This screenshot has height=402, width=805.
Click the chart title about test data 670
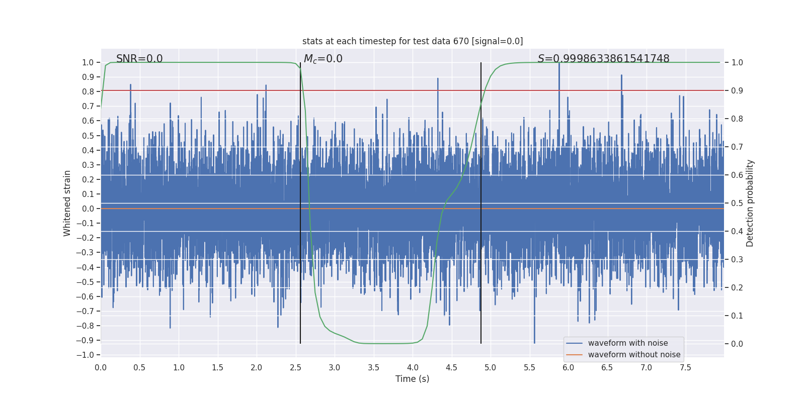(x=413, y=41)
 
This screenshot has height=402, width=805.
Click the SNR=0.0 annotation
(x=139, y=59)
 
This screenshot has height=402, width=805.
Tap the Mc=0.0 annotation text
(x=323, y=59)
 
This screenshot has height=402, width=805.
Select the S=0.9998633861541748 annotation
(x=603, y=59)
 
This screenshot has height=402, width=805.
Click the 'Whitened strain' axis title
(x=67, y=203)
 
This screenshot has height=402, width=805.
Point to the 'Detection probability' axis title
(x=750, y=203)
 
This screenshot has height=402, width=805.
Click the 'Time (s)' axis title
(x=412, y=379)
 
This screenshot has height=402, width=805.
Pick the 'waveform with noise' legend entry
(x=627, y=343)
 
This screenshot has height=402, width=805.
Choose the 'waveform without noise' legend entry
(x=634, y=355)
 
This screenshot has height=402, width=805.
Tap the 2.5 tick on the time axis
(x=296, y=368)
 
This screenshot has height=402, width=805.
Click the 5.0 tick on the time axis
(x=491, y=368)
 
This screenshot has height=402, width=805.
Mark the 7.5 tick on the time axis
(x=685, y=368)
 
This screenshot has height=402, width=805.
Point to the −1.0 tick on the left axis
(x=85, y=355)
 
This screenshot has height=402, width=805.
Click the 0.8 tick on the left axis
(x=88, y=91)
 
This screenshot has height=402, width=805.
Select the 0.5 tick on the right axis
(x=737, y=203)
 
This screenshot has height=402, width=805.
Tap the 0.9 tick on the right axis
(x=737, y=90)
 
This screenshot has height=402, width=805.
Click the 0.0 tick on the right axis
(x=737, y=344)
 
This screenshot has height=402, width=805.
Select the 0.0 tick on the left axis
(x=88, y=209)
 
